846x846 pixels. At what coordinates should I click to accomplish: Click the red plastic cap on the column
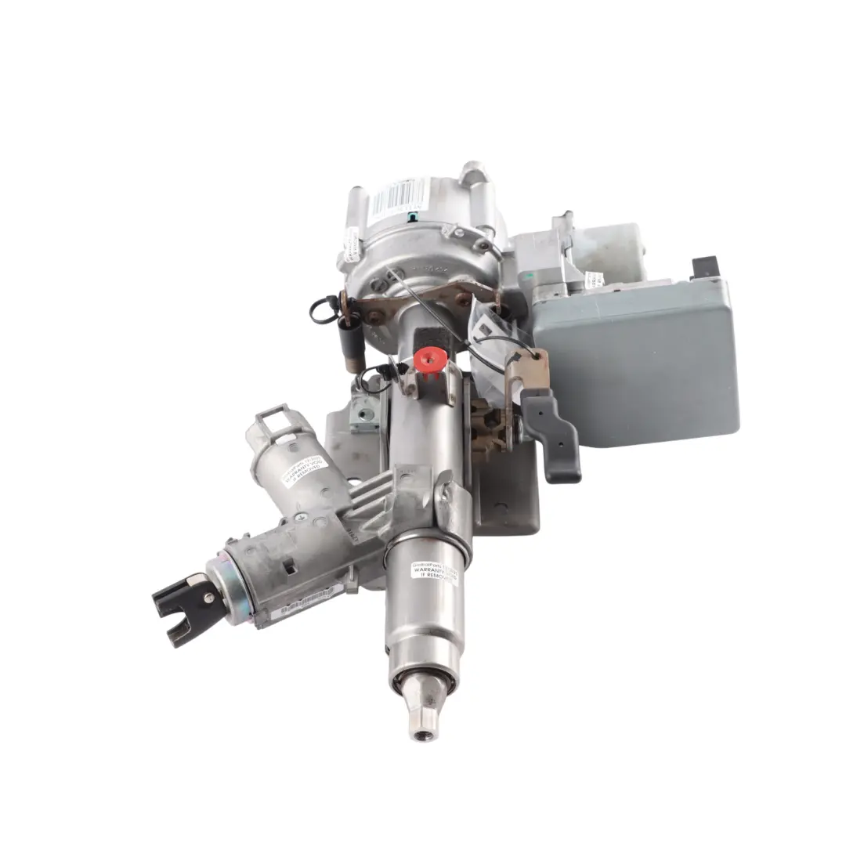click(x=429, y=360)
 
